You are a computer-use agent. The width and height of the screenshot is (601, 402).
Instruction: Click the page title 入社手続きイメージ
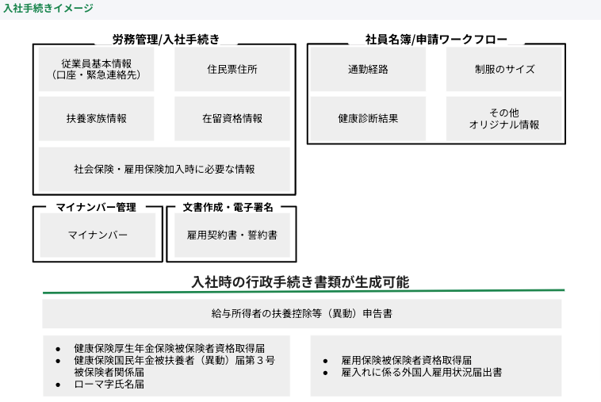48,8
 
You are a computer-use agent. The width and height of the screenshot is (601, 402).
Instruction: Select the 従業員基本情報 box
96,69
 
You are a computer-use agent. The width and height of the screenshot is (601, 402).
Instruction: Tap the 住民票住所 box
232,69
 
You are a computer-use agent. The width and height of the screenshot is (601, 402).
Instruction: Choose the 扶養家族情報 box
96,118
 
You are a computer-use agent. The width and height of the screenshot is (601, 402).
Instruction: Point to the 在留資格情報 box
232,118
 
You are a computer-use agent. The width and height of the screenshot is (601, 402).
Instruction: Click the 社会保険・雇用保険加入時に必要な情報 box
164,169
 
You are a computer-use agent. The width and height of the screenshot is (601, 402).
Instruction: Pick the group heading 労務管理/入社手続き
166,39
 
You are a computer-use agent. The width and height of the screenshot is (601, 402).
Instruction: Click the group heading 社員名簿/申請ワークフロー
436,39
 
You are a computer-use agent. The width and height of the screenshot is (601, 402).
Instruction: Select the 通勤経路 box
368,69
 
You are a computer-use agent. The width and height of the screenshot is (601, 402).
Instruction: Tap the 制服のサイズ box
504,69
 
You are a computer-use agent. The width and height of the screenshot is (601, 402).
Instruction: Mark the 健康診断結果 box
368,118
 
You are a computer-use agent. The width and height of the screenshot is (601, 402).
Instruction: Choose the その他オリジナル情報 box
504,118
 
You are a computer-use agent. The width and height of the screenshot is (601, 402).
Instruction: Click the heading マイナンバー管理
96,207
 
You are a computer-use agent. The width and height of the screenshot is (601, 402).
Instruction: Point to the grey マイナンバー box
98,235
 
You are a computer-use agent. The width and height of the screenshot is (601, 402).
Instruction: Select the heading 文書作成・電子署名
228,207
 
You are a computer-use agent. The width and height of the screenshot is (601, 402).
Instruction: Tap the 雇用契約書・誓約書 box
232,235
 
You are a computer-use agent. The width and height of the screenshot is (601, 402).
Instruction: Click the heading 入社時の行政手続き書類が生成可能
300,282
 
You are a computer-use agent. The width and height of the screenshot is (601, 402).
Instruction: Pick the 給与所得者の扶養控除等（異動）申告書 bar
301,313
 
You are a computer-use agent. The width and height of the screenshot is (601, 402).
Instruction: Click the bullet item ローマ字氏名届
109,384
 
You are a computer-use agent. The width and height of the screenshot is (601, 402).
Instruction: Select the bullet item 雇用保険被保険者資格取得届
406,360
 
